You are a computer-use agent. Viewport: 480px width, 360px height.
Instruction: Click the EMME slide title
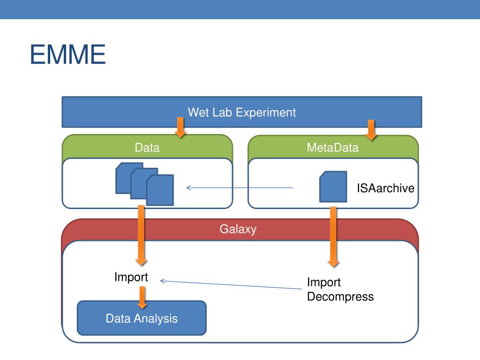point(67,54)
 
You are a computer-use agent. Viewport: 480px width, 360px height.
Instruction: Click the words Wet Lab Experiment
point(242,112)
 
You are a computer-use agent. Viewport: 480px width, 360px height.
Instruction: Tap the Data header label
point(147,148)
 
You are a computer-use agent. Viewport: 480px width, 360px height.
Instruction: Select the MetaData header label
point(333,148)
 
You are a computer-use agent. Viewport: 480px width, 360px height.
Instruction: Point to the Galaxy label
point(238,229)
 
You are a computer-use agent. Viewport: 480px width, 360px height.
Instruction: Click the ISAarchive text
point(385,188)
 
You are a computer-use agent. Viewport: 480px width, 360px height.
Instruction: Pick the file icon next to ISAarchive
point(333,187)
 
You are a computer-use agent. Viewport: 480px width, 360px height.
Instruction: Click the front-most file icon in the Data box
point(160,190)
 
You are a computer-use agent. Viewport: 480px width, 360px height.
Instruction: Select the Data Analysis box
point(142,318)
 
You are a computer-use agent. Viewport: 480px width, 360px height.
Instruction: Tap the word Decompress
point(340,297)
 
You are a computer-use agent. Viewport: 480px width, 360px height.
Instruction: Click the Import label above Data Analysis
point(131,277)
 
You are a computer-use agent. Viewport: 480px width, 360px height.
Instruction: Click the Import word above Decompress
point(324,282)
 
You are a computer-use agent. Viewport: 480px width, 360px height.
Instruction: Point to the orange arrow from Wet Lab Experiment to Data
point(180,127)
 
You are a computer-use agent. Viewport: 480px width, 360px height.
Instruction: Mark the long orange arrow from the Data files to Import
point(141,235)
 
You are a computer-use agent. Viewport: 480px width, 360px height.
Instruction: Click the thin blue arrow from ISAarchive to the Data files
point(240,187)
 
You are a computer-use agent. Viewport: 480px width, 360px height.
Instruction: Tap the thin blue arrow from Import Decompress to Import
point(231,285)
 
